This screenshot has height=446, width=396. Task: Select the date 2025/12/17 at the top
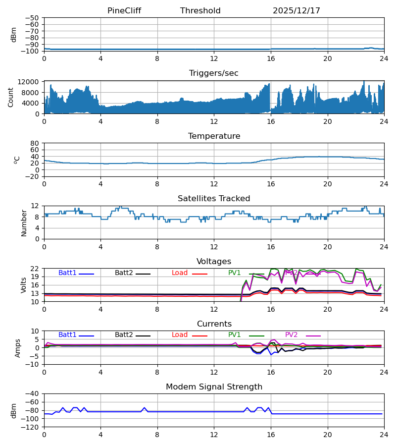(x=297, y=11)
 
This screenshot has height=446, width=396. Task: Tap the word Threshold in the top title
(x=200, y=11)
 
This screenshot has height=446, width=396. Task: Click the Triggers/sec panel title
(x=214, y=73)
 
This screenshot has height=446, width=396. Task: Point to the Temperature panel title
(x=214, y=136)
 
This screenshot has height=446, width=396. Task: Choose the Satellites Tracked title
(x=214, y=199)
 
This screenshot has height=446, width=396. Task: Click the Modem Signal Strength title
(x=214, y=387)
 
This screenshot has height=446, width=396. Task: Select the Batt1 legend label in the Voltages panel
(x=67, y=273)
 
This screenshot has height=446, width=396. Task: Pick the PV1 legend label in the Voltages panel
(x=234, y=273)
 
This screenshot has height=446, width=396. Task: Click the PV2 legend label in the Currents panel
(x=292, y=335)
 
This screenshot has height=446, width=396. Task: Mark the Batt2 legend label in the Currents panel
(x=124, y=335)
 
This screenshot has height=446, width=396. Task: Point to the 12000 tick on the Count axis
(x=31, y=82)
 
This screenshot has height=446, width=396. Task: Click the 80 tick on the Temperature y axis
(x=35, y=143)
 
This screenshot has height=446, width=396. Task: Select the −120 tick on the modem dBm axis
(x=31, y=427)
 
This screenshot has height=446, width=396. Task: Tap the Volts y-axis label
(x=24, y=285)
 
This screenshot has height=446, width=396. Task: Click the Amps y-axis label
(x=18, y=347)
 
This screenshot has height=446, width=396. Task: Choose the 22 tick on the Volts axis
(x=35, y=269)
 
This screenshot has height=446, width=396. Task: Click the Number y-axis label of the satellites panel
(x=24, y=223)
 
